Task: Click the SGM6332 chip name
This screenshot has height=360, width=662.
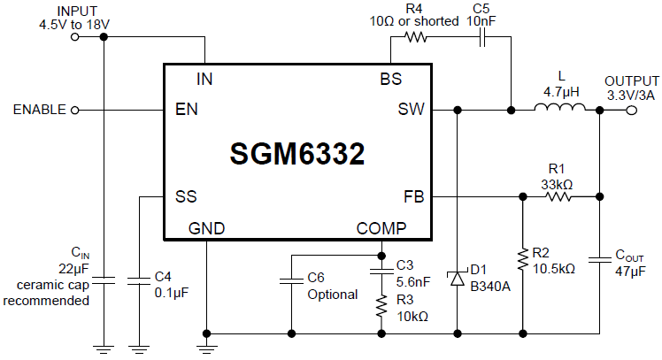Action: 297,155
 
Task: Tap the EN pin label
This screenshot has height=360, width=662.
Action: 187,110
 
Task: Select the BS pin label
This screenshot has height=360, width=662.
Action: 391,79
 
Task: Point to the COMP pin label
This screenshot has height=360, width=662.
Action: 381,228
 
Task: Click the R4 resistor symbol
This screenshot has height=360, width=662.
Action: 415,37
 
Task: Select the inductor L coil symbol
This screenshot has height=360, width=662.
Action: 558,110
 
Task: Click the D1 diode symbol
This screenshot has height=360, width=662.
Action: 458,279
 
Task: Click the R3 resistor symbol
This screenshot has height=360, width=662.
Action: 381,306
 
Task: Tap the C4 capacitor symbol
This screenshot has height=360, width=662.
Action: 139,281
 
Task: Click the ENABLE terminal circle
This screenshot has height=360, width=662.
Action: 74,110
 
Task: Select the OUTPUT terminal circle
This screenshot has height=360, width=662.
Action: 632,110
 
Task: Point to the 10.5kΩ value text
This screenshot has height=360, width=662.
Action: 554,268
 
